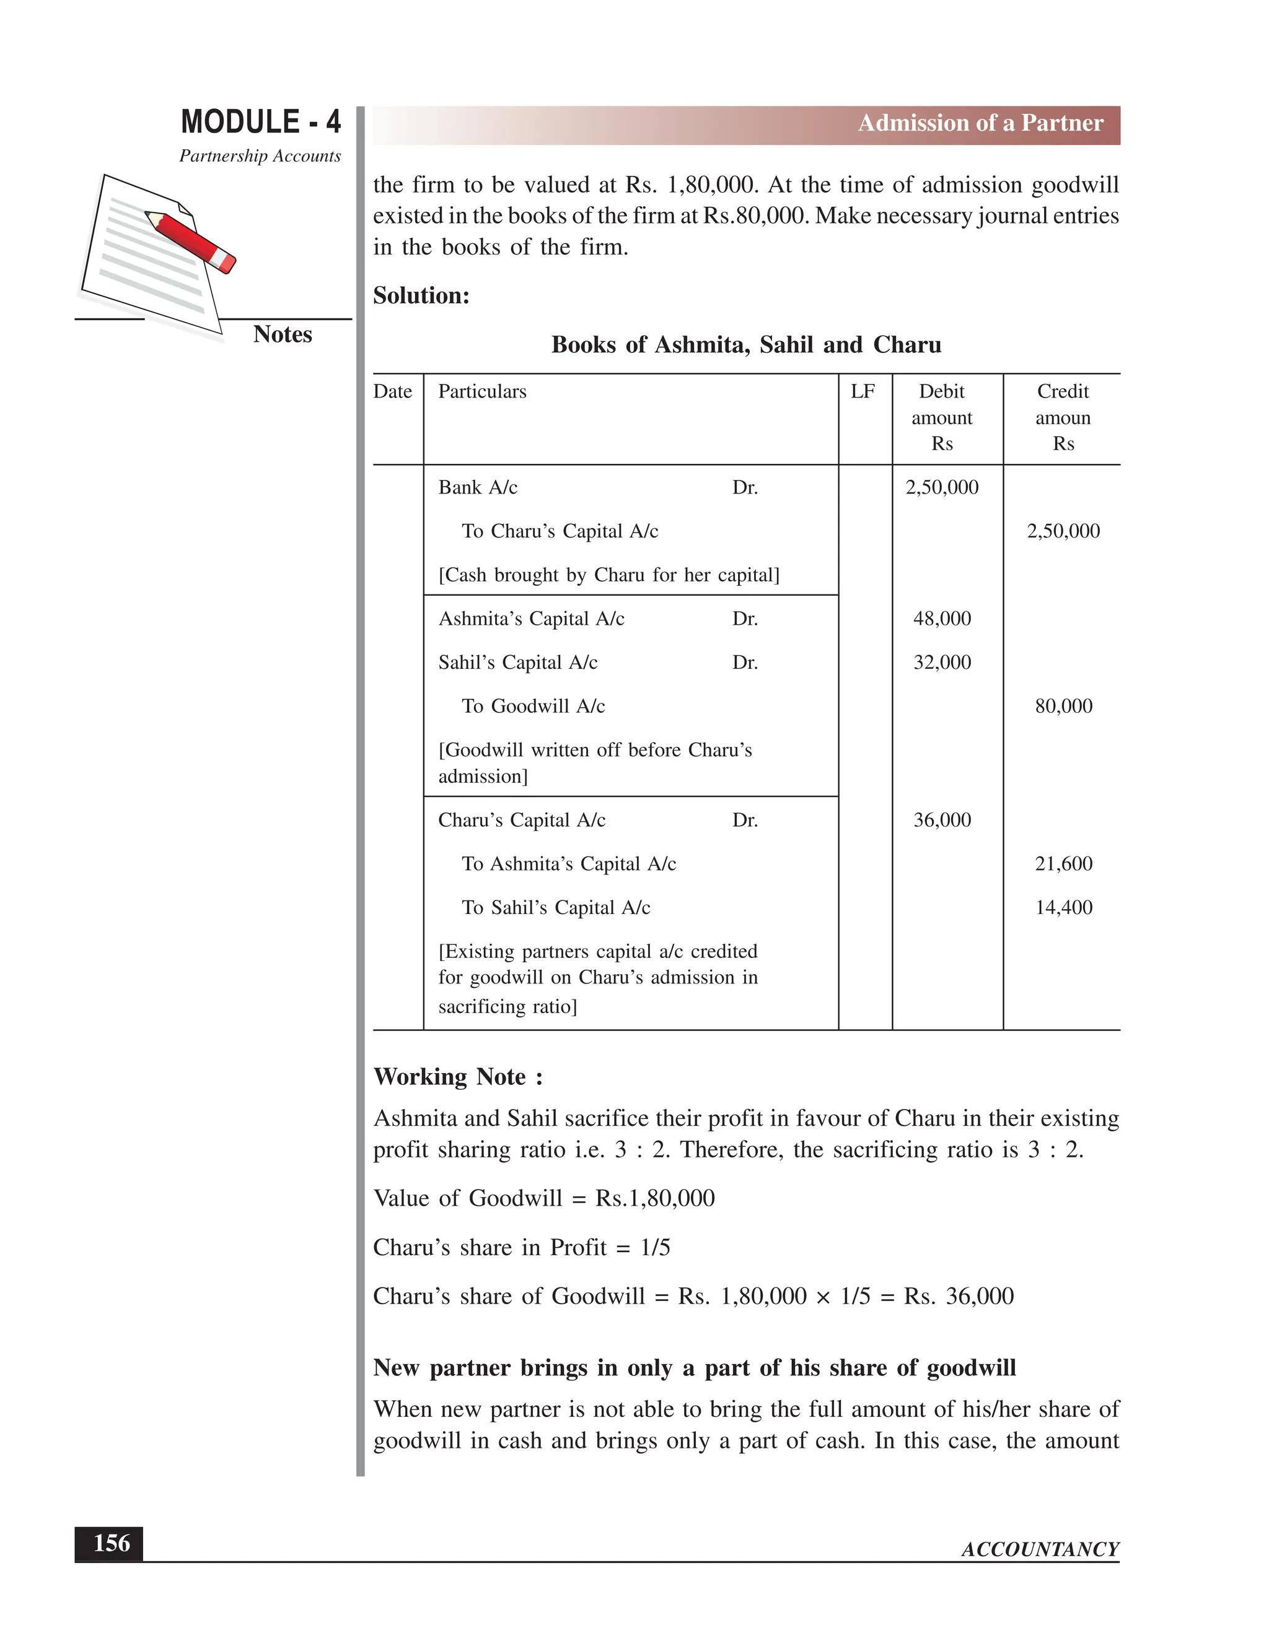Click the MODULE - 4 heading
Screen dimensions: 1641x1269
[x=261, y=122]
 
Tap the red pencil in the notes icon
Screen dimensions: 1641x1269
[x=191, y=240]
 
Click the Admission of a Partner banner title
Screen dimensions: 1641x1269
[x=980, y=123]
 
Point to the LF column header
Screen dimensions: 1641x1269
[x=863, y=391]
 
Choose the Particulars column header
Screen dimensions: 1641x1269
[x=482, y=391]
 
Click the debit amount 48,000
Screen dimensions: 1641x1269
[x=942, y=619]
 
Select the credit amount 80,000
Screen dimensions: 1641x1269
[x=1063, y=705]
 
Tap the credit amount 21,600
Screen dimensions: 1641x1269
[x=1063, y=863]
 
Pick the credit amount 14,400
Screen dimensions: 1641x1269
[x=1063, y=907]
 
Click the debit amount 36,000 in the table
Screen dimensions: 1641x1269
[x=942, y=820]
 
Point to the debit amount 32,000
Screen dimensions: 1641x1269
[x=942, y=662]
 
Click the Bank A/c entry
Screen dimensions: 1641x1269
[x=478, y=487]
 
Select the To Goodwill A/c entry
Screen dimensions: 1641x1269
[x=533, y=705]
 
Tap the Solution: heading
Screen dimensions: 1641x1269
[x=421, y=295]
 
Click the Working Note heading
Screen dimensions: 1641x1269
[x=458, y=1077]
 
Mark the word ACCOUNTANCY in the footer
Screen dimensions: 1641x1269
[x=1040, y=1549]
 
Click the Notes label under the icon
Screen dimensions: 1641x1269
[x=282, y=334]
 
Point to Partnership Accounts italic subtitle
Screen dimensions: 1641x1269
[x=260, y=156]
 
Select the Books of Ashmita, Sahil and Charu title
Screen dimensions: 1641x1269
[x=746, y=345]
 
